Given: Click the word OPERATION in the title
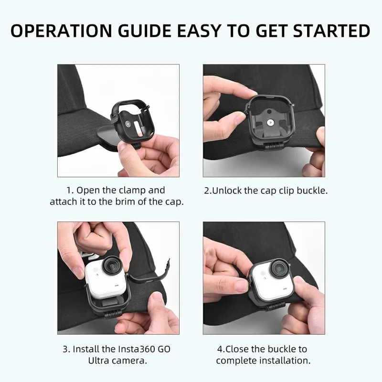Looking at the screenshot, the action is (62, 31).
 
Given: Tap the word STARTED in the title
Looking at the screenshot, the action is (331, 31).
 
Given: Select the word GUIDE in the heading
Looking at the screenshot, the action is (145, 31).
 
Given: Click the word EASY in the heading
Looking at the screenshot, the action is (199, 31).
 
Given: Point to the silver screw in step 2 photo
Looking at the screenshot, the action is (270, 122).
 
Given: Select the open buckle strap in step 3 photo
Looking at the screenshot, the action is (149, 274).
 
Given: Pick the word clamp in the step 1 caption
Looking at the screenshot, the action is (132, 191).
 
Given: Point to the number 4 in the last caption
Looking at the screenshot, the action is (220, 349).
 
